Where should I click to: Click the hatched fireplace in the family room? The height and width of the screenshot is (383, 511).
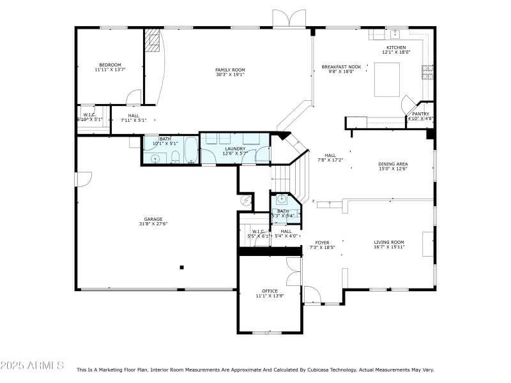coord(152,40)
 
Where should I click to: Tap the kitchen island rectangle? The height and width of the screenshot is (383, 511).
coord(386,80)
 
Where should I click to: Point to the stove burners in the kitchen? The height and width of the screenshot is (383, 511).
coord(425,73)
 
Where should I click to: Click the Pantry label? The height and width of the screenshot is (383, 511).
coord(420,114)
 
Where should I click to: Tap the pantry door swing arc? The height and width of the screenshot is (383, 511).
coord(407,104)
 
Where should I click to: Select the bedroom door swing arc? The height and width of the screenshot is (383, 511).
coord(133,97)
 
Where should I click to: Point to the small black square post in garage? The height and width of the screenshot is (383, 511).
coord(182,267)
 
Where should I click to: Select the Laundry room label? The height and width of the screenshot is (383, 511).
coord(234,149)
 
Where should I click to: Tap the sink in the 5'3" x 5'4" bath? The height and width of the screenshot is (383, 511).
coord(282,199)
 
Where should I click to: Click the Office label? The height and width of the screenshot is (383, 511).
coord(270,291)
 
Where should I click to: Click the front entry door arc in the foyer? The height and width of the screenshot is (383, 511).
coord(312,294)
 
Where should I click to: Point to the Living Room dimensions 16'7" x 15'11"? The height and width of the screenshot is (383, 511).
coord(389,247)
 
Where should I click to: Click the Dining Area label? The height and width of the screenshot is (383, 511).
coord(393,164)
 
